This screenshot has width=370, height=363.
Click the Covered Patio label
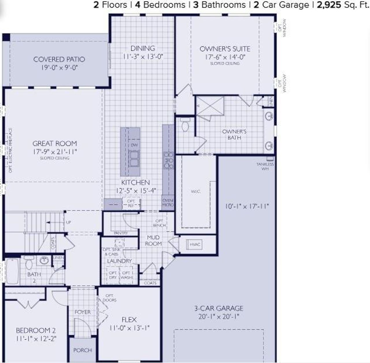coord(59,59)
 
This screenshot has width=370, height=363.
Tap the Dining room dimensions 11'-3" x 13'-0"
coord(143,57)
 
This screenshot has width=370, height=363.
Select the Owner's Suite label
coord(225,49)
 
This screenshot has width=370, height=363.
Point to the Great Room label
coord(55,143)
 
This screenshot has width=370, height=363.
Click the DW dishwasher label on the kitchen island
coord(134,145)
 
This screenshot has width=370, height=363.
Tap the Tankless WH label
coord(265,166)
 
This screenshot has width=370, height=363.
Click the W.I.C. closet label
coord(196,191)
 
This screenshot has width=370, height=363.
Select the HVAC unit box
coord(195,244)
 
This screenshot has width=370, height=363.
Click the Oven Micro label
coord(168,203)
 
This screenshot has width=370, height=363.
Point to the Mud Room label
coord(153,240)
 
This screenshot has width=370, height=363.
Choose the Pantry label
coord(121,233)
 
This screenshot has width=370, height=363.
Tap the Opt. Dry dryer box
coord(113,275)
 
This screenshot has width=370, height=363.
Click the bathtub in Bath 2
coord(12,271)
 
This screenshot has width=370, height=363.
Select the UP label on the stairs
coord(69,222)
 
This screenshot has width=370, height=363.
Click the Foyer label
coord(83,312)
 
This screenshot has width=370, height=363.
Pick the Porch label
coord(83,350)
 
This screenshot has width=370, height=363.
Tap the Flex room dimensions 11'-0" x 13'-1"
coord(129,328)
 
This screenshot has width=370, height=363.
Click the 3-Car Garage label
coord(219,308)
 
